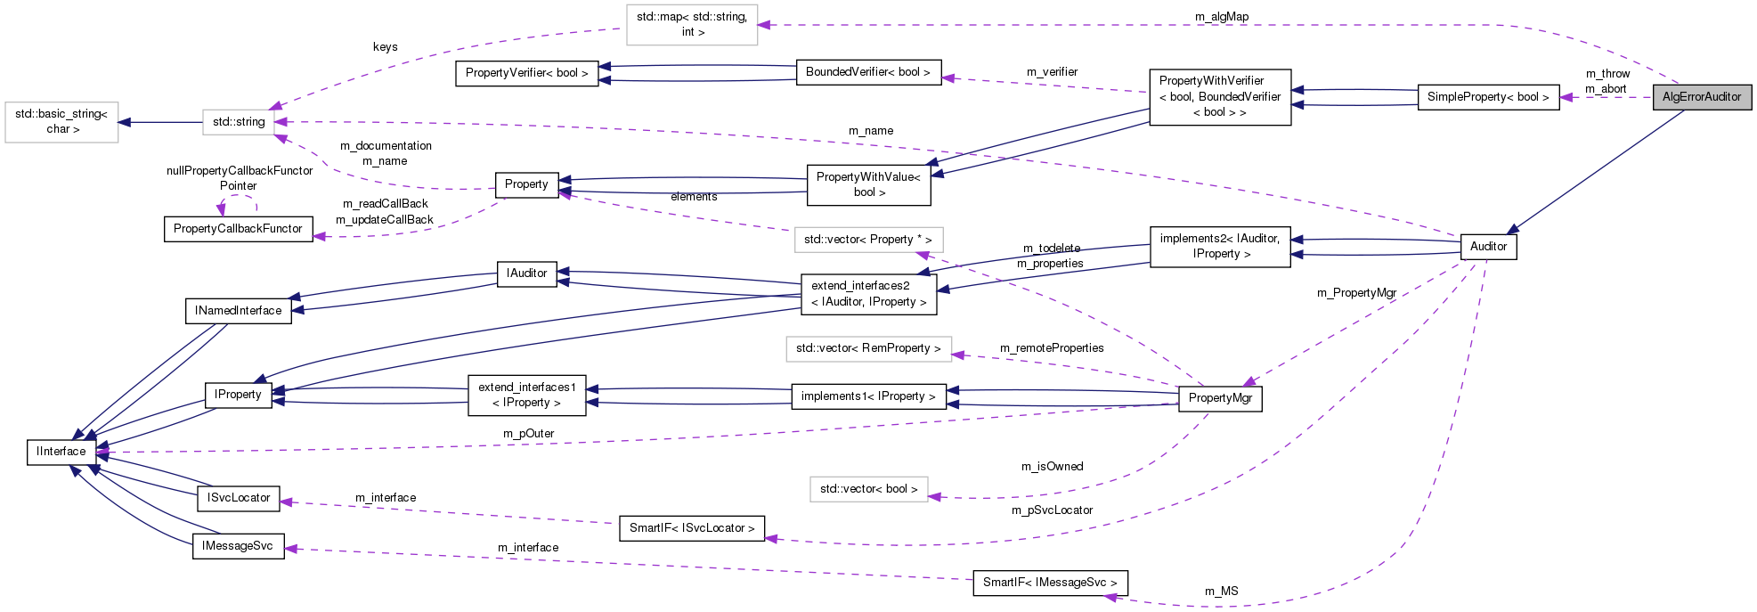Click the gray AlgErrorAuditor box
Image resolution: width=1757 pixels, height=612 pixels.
[1701, 97]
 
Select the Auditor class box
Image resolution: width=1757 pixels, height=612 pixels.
[1488, 247]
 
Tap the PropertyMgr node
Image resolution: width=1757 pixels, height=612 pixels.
[1219, 398]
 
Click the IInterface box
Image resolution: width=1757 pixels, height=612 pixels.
[61, 452]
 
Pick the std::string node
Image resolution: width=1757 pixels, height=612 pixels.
[239, 122]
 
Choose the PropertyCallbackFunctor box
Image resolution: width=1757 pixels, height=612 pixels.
[238, 229]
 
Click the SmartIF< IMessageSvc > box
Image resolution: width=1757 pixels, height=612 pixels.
[1049, 583]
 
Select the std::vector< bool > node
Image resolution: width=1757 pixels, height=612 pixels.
[868, 489]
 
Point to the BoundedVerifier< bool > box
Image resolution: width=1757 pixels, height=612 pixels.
[867, 72]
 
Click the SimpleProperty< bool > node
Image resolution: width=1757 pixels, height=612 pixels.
[1487, 97]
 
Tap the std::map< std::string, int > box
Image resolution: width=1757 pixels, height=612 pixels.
[692, 24]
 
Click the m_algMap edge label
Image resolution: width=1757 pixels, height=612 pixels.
[1222, 17]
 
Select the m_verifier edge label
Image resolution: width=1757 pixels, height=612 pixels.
[1052, 72]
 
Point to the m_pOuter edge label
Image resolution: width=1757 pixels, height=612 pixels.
[528, 434]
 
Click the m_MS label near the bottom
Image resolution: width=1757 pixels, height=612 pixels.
[1221, 592]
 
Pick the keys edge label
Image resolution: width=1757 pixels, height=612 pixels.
[385, 47]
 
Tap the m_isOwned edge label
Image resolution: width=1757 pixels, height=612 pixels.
[1052, 467]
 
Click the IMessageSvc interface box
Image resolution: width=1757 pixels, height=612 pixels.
[238, 546]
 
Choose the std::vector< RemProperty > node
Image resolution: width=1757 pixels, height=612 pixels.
[868, 348]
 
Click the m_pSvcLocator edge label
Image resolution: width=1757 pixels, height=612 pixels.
[1052, 510]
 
